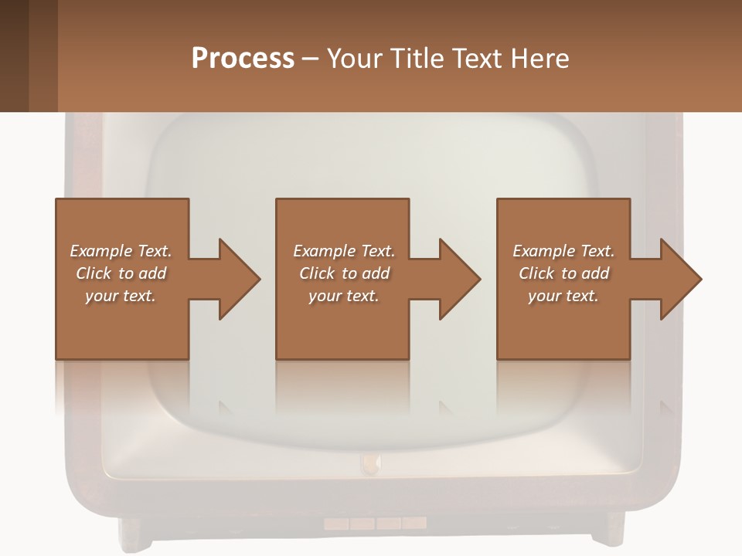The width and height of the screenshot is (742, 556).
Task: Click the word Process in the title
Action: click(x=243, y=59)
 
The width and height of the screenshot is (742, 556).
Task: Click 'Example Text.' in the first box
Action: click(x=121, y=251)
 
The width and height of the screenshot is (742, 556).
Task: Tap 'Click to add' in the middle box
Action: click(x=344, y=273)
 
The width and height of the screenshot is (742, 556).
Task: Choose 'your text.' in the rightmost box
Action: click(x=563, y=296)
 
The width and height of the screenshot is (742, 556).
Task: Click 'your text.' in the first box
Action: click(x=121, y=296)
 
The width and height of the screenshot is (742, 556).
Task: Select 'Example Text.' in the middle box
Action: click(x=344, y=251)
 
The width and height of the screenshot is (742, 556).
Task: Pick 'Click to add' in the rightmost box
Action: click(x=563, y=273)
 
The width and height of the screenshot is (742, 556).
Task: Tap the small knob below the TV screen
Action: click(x=371, y=463)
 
